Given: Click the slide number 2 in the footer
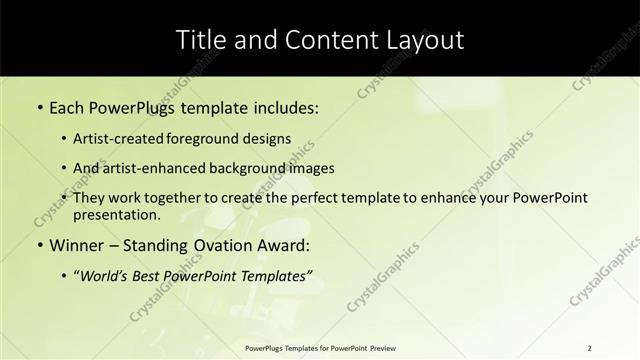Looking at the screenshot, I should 589,347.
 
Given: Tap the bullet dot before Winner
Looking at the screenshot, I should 39,245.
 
